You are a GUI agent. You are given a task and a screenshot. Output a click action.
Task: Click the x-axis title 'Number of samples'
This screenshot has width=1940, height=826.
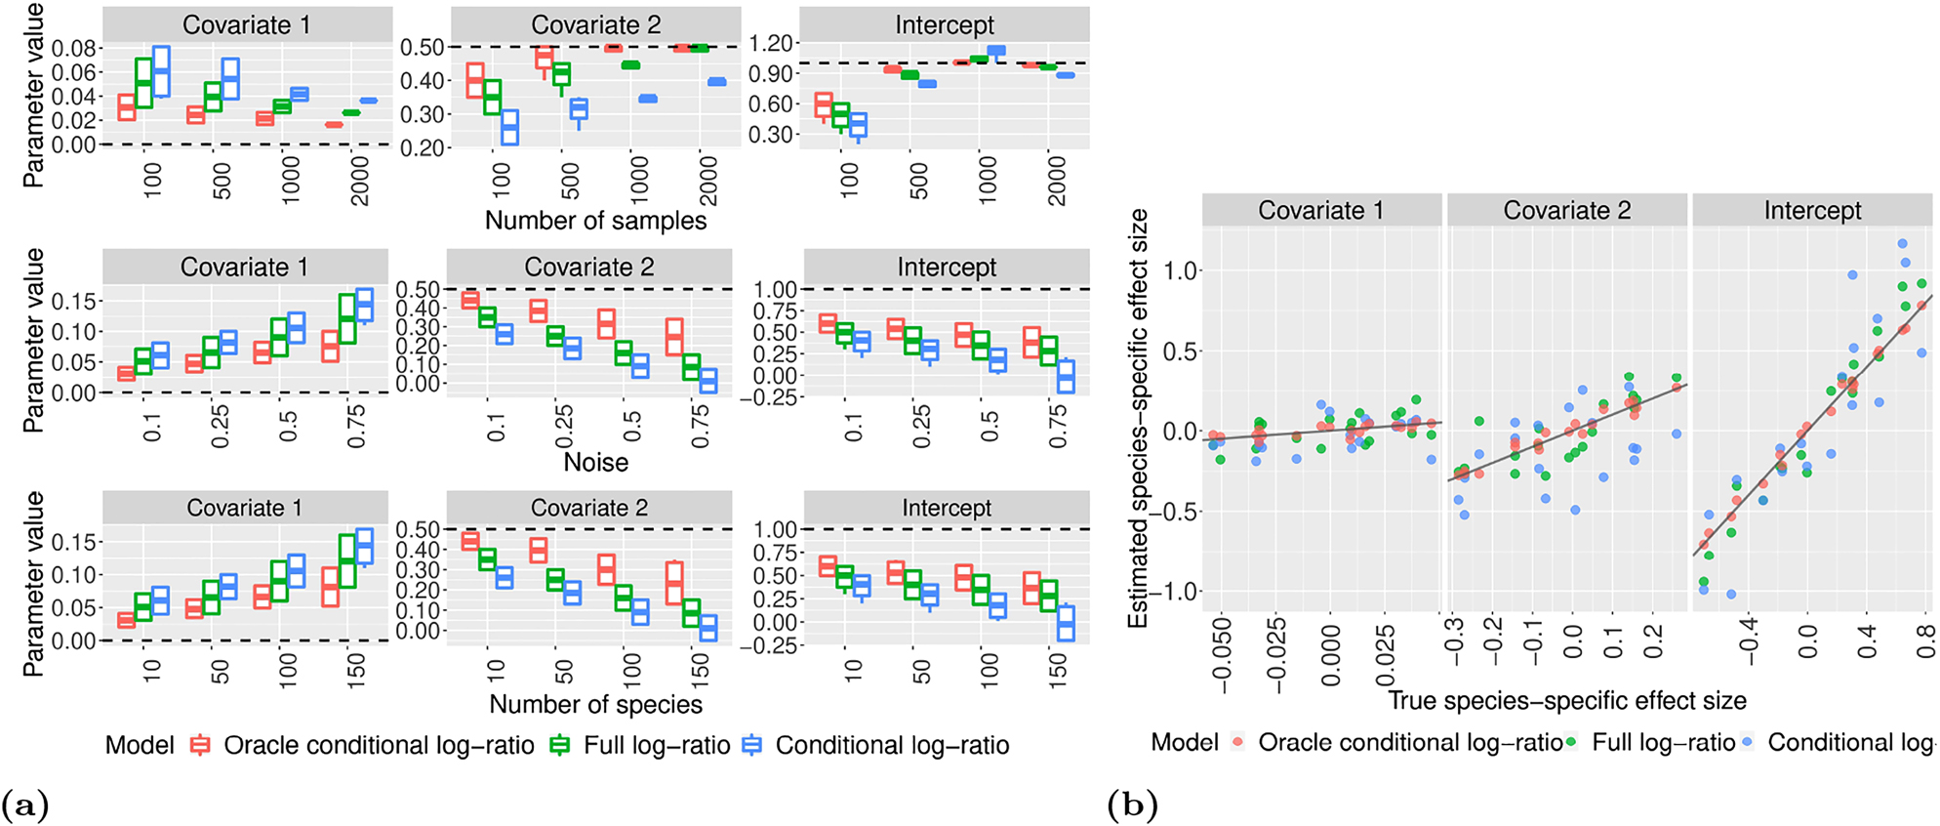click(595, 221)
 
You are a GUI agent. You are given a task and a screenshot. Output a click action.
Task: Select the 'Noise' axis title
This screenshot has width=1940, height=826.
click(595, 462)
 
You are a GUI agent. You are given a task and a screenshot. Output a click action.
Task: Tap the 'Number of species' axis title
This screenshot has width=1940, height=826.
click(595, 704)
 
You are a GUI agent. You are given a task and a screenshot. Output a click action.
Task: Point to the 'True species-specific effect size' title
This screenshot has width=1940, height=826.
click(1567, 700)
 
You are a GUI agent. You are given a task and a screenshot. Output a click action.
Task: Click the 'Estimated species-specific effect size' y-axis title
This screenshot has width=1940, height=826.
click(1138, 419)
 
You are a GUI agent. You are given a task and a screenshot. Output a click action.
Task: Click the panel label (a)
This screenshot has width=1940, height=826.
click(24, 805)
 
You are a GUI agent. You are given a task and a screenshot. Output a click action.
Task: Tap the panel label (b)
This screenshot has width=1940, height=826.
click(1132, 805)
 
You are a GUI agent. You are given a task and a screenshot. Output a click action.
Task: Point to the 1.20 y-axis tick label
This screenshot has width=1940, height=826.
click(771, 43)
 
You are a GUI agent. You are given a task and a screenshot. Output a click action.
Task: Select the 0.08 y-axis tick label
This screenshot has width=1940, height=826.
click(74, 49)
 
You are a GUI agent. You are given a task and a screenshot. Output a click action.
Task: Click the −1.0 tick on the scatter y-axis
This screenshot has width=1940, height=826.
click(1172, 592)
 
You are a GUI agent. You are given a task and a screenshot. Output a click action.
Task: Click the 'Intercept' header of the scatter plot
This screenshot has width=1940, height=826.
click(1812, 210)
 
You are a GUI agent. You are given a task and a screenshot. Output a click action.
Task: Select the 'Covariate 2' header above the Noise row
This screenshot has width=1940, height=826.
click(589, 267)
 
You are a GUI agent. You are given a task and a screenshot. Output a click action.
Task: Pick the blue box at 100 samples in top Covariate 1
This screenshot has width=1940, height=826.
click(161, 71)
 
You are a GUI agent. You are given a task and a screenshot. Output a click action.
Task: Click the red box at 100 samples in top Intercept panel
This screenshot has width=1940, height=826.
click(824, 105)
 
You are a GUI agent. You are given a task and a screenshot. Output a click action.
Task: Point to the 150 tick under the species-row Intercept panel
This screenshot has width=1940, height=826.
click(1058, 669)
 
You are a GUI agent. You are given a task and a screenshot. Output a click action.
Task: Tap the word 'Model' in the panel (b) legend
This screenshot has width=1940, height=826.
click(1184, 742)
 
